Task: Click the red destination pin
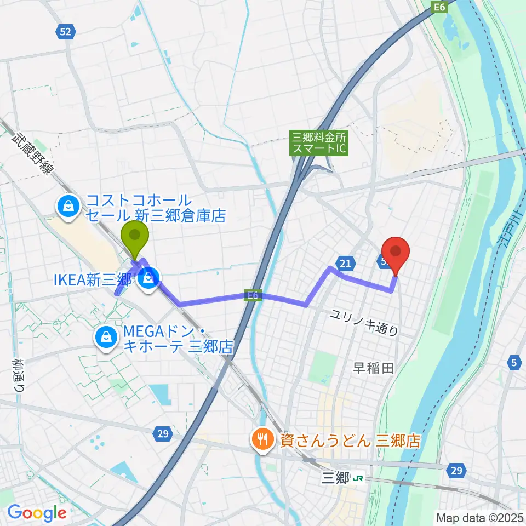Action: pyautogui.click(x=398, y=251)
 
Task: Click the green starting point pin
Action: pyautogui.click(x=135, y=236)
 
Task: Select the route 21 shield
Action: pyautogui.click(x=345, y=264)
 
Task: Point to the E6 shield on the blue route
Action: pyautogui.click(x=252, y=296)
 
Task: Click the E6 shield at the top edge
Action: pyautogui.click(x=439, y=7)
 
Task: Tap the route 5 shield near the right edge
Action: pyautogui.click(x=514, y=362)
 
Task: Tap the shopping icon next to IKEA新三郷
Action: pyautogui.click(x=148, y=279)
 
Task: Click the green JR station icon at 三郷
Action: pyautogui.click(x=359, y=478)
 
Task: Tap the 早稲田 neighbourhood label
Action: pyautogui.click(x=373, y=368)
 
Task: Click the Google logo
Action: pyautogui.click(x=37, y=513)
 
